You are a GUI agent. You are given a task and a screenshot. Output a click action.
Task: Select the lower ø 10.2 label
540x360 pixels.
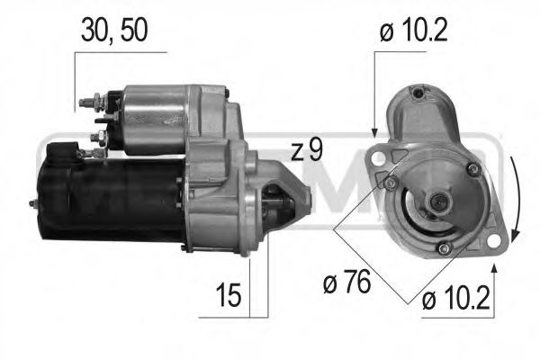point(457,299)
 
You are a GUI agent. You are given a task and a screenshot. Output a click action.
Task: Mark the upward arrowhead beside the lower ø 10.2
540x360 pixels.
point(493,267)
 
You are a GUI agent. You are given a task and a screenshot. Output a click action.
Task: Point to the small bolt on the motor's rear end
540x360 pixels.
point(34,205)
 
